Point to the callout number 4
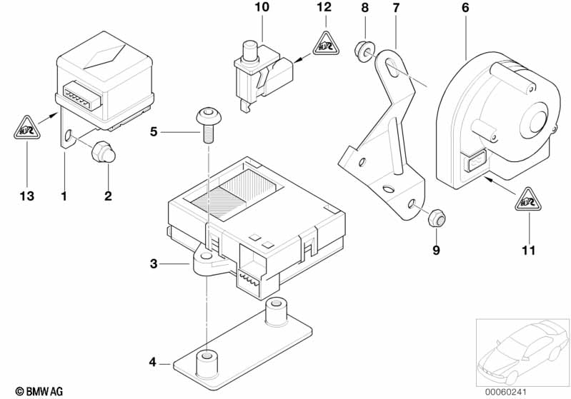pos(152,363)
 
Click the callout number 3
pos(153,265)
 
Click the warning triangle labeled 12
pos(324,46)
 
